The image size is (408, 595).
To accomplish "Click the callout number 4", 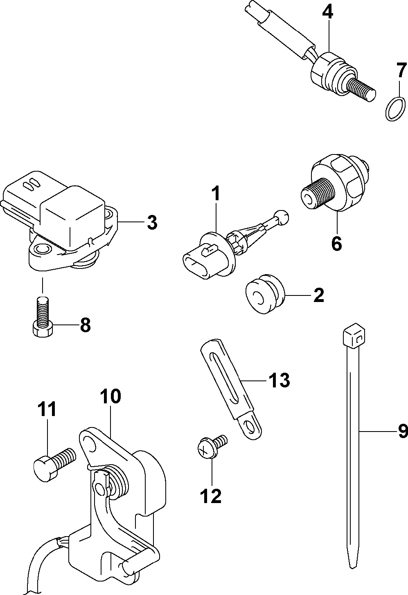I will click(328, 11).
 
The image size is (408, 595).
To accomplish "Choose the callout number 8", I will click(85, 326).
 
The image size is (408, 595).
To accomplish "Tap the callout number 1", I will click(216, 194).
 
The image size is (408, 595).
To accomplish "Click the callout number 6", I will click(336, 244).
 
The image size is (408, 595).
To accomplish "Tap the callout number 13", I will click(279, 380).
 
